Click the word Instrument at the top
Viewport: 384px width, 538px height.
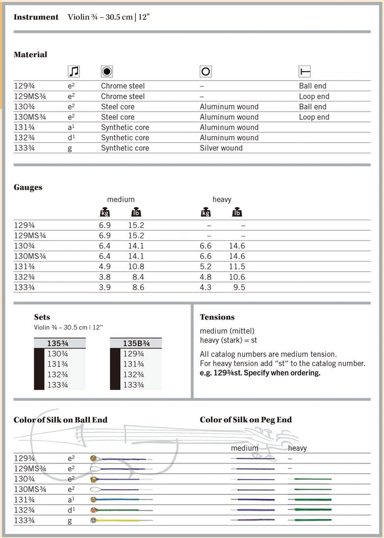pos(36,17)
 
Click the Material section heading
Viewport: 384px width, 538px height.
pos(30,54)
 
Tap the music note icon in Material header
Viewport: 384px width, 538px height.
pos(73,71)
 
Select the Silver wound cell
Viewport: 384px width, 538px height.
pos(221,148)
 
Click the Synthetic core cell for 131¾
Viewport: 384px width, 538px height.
pos(125,127)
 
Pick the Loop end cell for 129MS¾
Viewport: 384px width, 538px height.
pos(314,96)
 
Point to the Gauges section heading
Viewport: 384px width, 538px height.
pos(28,187)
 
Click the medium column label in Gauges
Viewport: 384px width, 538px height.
pos(121,200)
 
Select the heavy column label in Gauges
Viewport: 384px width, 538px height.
pos(221,200)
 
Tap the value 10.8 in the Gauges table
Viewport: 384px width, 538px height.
pos(136,267)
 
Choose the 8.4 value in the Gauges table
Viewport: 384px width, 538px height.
pos(138,277)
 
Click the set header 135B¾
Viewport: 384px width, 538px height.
pos(136,343)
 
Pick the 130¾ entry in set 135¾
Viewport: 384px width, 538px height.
pos(58,354)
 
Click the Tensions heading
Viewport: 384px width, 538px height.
pos(217,317)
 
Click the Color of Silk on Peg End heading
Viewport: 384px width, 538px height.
pos(246,420)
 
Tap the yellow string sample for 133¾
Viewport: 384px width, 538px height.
pos(118,520)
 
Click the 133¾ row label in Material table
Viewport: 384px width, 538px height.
pos(26,148)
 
